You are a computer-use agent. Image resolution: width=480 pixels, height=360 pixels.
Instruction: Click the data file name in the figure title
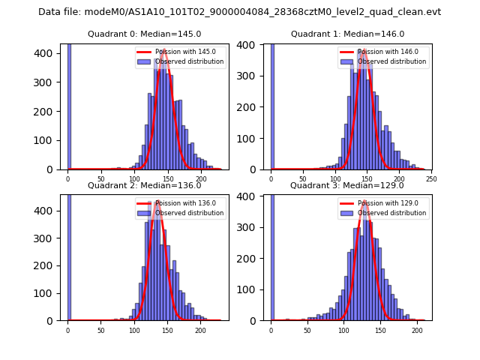pos(259,12)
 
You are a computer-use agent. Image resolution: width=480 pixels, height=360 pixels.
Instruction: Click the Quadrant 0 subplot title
pos(145,34)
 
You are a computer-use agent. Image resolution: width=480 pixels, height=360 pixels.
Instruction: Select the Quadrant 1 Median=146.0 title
pos(347,34)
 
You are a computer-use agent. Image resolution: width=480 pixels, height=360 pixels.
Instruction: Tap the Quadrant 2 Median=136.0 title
pos(145,185)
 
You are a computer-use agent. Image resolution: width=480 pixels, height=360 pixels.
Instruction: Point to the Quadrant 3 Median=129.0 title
pos(347,185)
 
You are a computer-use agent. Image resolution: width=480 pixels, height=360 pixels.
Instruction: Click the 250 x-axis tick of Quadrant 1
pos(431,179)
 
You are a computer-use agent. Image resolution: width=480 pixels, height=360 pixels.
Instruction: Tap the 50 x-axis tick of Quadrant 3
pos(307,330)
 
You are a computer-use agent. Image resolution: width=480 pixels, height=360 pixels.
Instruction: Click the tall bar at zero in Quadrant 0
pos(68,105)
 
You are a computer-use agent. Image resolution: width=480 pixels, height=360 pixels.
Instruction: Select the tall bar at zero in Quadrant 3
pos(271,255)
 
